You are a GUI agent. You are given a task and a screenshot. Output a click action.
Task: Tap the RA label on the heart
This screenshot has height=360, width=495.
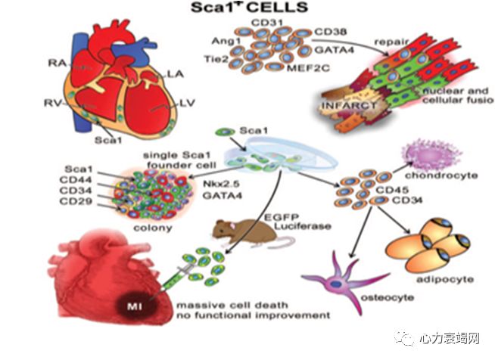(54, 64)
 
